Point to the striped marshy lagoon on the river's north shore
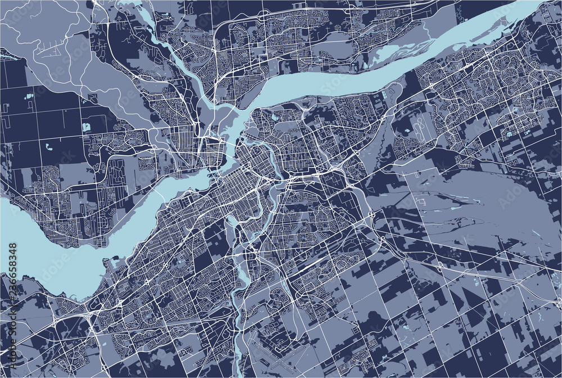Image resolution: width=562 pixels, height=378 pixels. [x=388, y=53]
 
